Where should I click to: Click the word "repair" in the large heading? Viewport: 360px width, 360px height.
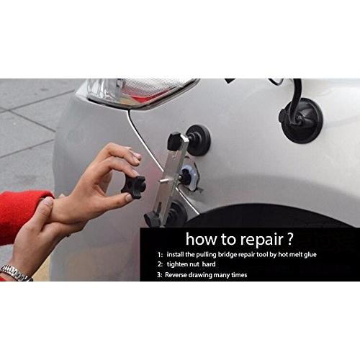pos(262,240)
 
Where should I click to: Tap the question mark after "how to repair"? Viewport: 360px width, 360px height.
pos(290,238)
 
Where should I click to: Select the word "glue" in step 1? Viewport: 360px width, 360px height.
pos(310,255)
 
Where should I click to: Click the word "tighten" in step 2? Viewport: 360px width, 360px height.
pos(177,264)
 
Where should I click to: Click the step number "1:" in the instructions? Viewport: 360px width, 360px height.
pos(161,255)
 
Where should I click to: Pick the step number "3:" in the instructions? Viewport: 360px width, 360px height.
pos(160,275)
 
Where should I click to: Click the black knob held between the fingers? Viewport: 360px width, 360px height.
pos(133,187)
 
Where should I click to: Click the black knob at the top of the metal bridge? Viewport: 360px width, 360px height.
pos(175,141)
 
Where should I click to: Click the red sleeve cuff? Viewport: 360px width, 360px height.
pos(24,214)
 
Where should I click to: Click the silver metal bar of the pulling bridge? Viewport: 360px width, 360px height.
pos(171,178)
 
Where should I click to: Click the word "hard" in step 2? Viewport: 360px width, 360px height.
pos(209,264)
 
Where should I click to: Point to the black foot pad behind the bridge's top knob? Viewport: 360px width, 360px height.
pos(199,140)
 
